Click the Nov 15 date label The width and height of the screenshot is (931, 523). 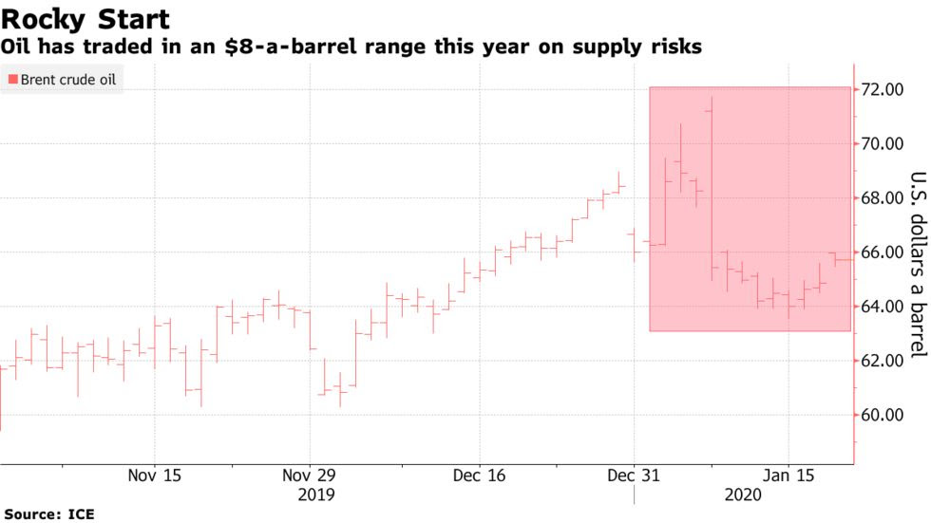click(x=155, y=475)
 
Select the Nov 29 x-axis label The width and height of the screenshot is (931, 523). click(x=311, y=475)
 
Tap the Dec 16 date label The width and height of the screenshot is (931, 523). click(x=481, y=475)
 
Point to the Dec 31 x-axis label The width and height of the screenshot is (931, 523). click(x=634, y=475)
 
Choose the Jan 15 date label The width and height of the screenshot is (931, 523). click(x=788, y=475)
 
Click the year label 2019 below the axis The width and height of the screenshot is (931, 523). click(x=316, y=494)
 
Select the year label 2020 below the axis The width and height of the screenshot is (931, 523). click(x=743, y=494)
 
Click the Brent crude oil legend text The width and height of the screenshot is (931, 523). click(x=68, y=81)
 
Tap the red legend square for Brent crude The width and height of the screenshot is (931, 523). click(x=11, y=81)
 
